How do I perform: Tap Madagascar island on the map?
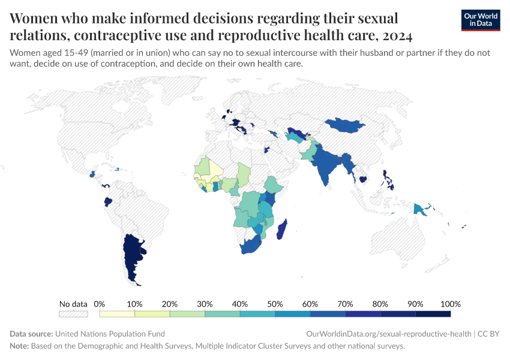(x=284, y=230)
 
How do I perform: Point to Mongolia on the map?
(x=346, y=125)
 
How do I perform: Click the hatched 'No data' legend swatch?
(x=73, y=313)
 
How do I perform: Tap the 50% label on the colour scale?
(x=275, y=304)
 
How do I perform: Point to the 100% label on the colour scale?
(x=450, y=304)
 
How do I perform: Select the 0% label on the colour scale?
(x=100, y=304)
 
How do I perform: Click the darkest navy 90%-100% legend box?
(x=433, y=313)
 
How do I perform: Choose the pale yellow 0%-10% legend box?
(x=117, y=313)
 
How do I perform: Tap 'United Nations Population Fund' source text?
(x=110, y=334)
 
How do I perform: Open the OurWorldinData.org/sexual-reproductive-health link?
(x=388, y=334)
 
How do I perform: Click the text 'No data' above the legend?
(x=73, y=304)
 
